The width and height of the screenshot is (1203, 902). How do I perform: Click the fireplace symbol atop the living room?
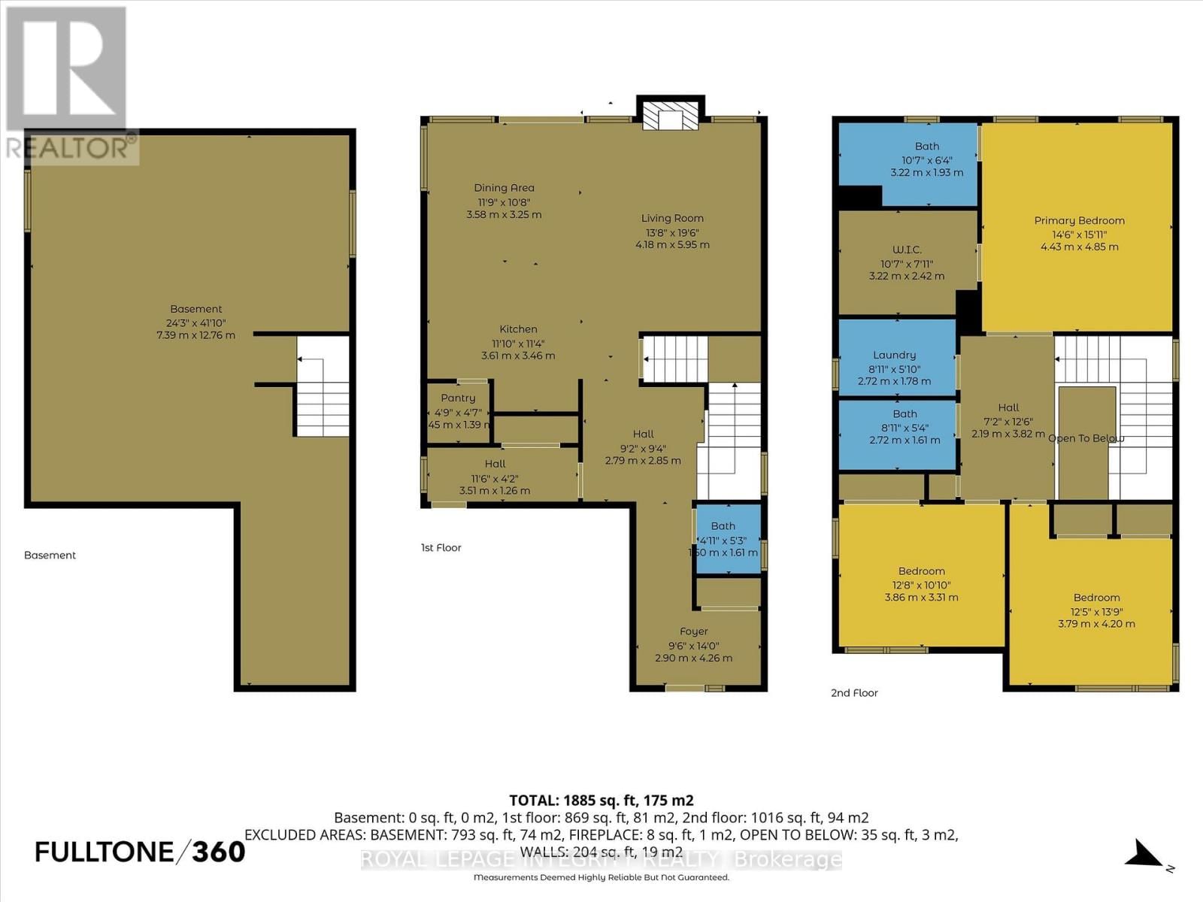point(671,115)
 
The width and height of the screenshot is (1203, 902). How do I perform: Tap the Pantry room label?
point(458,398)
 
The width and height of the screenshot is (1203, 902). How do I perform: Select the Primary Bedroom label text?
point(1079,220)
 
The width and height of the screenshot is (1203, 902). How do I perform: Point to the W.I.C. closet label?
point(906,250)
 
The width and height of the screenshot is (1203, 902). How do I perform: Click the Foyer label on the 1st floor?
point(693,631)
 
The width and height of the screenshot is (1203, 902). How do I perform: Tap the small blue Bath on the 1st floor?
point(726,539)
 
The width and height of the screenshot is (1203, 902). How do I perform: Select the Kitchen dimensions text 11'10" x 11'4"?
point(518,343)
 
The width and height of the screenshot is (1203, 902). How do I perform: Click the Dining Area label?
point(504,188)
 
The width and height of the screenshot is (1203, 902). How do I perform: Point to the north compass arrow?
point(1147,854)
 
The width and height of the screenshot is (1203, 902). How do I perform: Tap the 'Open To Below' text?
point(1086,438)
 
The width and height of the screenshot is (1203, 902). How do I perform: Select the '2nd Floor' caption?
point(854,693)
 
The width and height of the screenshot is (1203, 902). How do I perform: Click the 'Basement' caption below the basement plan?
point(50,555)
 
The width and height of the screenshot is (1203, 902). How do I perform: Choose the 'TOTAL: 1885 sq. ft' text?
point(601,801)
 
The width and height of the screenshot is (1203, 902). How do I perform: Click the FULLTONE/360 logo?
point(140,852)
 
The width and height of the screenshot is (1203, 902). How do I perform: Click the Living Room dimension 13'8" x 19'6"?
point(672,232)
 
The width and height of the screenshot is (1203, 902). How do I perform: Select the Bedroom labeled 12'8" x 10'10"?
point(921,584)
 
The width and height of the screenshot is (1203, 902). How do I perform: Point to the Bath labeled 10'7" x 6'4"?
point(926,159)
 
